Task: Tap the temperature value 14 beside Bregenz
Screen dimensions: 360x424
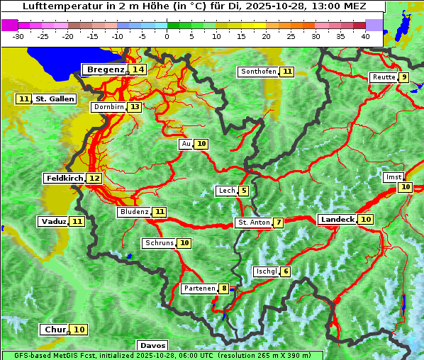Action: pos(138,69)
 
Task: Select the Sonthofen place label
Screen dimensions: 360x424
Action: pos(258,72)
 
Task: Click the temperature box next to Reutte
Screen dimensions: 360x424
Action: pos(403,77)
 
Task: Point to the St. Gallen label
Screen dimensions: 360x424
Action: pos(55,99)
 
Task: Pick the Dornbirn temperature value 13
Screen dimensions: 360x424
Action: pos(134,107)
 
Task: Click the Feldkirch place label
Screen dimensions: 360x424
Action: pos(64,178)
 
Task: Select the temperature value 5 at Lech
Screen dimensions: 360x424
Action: pos(243,191)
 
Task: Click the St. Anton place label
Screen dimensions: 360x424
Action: pos(254,223)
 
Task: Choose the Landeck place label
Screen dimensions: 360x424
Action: pos(336,220)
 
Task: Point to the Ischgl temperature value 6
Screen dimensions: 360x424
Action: pos(285,271)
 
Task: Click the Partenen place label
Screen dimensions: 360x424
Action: pos(199,288)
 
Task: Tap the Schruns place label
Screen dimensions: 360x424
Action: pos(159,243)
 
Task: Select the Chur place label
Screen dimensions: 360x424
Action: pos(55,330)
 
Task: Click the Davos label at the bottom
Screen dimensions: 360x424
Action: pos(152,345)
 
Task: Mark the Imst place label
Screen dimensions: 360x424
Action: pos(392,177)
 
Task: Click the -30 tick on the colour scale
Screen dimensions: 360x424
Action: pos(18,36)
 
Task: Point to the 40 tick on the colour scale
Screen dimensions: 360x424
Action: pos(365,36)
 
